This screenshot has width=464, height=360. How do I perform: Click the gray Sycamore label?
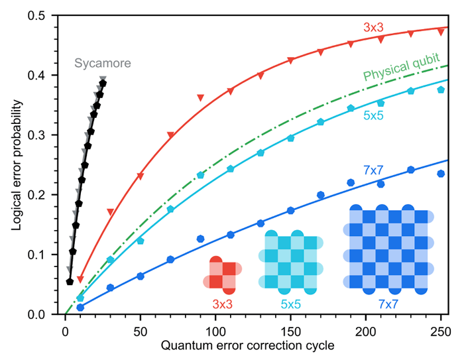[x=103, y=64]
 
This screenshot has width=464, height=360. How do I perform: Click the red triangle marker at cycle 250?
[x=441, y=32]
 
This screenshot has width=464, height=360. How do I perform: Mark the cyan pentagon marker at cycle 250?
[x=441, y=90]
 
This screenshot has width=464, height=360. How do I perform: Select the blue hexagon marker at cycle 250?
[x=441, y=174]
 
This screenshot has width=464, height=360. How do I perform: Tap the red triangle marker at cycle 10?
[x=80, y=279]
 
